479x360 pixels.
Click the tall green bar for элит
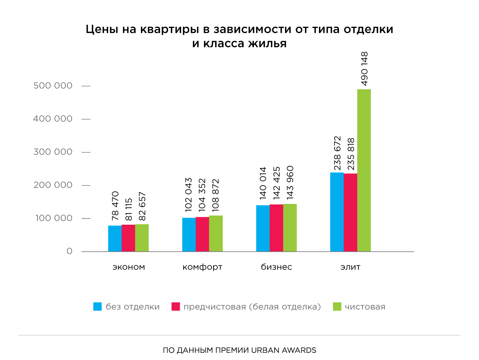click(x=364, y=170)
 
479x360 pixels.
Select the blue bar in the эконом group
click(x=115, y=238)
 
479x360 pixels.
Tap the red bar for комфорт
click(x=202, y=234)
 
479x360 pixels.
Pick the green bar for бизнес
click(x=290, y=227)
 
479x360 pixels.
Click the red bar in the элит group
click(x=350, y=212)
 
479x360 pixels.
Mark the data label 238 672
click(x=337, y=153)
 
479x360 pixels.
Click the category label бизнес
click(x=277, y=267)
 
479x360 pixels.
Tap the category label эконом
click(x=129, y=267)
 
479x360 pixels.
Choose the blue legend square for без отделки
click(x=97, y=307)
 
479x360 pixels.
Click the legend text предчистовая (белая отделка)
click(x=252, y=307)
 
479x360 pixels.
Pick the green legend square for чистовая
click(x=337, y=307)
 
